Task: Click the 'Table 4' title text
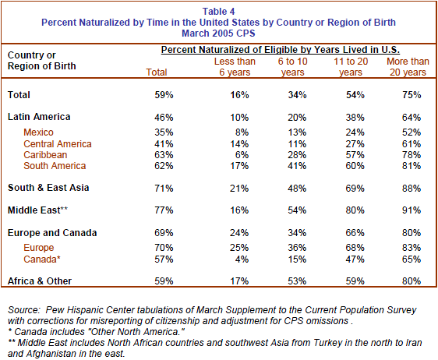(218, 12)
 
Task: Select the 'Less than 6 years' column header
(235, 67)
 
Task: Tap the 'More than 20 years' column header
(408, 67)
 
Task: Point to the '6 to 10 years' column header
(292, 67)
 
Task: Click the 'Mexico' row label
(38, 132)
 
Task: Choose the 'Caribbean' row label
(45, 155)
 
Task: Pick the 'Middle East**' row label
(37, 210)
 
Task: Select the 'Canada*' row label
(42, 259)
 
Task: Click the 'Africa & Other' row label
(40, 281)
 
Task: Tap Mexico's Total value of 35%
(164, 132)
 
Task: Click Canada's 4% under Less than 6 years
(242, 259)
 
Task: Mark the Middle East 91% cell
(412, 210)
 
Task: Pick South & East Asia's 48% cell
(297, 189)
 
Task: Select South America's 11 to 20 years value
(355, 166)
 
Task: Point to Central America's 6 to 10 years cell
(297, 144)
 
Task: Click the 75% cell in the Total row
(412, 95)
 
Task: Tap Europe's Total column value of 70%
(164, 248)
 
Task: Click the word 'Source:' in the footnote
(25, 310)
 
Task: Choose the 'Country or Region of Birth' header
(42, 61)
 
